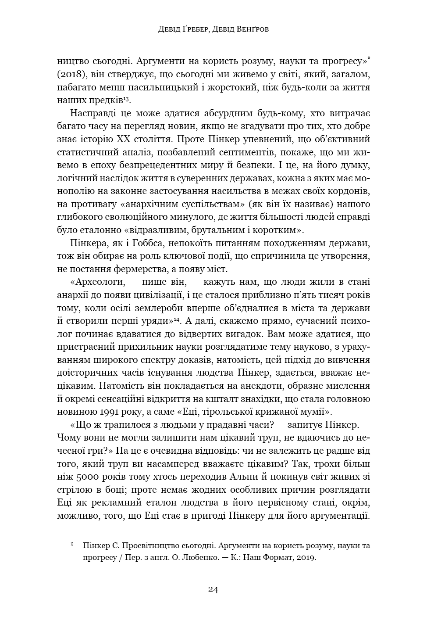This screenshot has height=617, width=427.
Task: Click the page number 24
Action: coord(213,589)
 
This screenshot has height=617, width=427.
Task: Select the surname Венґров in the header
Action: coord(249,30)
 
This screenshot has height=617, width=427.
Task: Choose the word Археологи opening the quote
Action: coord(94,282)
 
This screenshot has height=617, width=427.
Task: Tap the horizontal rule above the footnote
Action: coord(106,536)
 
